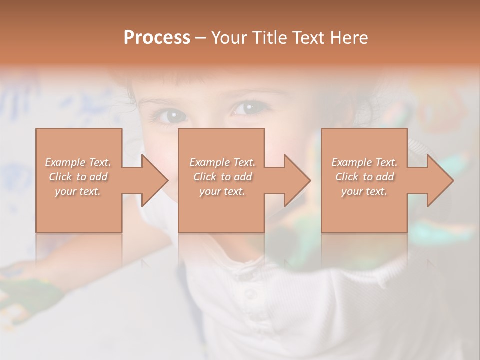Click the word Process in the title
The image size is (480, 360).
pos(157,38)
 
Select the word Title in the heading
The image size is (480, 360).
pos(266,38)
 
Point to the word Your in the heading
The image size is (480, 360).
pos(228,38)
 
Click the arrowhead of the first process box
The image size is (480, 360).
pos(154,180)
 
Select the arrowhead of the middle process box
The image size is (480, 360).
pos(296,180)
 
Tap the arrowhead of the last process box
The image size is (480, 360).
pos(439,180)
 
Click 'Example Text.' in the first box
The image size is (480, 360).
pos(78,162)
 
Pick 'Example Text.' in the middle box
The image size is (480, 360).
pos(222,162)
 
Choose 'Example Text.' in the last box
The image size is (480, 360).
pos(364,162)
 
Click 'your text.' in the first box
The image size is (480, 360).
pos(78,191)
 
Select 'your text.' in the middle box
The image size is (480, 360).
pos(222,191)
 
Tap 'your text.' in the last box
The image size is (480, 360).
pos(364,191)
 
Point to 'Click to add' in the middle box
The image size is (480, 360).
pos(222,177)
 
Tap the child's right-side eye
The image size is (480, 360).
pos(246,108)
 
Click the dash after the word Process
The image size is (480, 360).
pos(200,38)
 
